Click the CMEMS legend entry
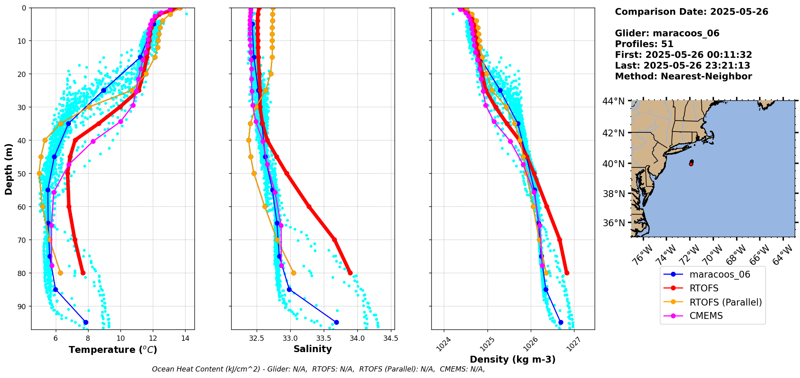[706, 316]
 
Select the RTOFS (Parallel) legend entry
[725, 302]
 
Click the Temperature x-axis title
[113, 350]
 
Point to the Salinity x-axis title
[312, 349]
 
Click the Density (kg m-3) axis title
[512, 359]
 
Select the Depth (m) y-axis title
[9, 169]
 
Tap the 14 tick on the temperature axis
[185, 338]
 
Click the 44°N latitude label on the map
[614, 101]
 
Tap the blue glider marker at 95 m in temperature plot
[86, 322]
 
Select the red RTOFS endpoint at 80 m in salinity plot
[350, 273]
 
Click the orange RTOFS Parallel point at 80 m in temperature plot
[60, 273]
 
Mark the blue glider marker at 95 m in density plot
[561, 322]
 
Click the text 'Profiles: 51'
[644, 44]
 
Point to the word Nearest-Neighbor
[706, 76]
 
